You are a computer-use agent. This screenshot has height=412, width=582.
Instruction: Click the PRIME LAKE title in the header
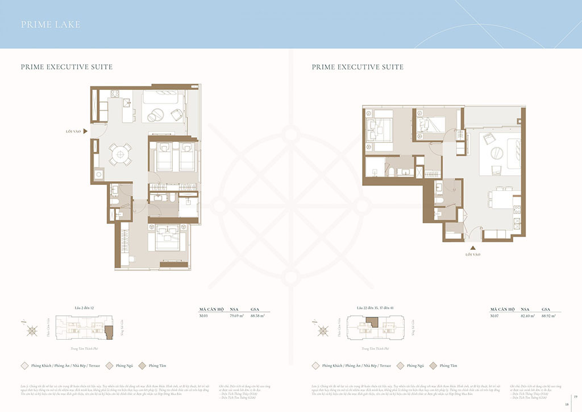[x=51, y=24]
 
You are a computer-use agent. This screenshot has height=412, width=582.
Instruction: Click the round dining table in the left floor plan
[x=119, y=154]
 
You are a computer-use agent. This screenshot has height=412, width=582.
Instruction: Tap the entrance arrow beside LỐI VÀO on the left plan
[x=85, y=131]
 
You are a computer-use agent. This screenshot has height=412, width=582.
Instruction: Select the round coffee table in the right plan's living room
[x=495, y=154]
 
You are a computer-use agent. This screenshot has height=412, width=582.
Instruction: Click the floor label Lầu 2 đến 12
[x=84, y=308]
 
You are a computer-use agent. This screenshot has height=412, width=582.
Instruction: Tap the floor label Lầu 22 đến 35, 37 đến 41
[x=375, y=308]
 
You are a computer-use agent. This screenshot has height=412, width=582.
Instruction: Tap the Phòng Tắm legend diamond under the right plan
[x=433, y=366]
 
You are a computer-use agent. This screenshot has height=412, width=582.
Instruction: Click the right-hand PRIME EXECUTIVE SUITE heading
[x=357, y=67]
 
